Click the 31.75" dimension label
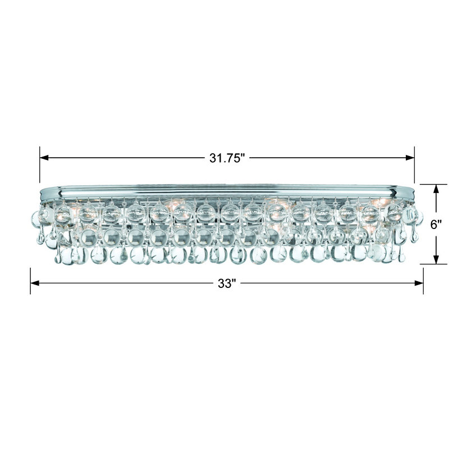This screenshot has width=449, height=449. coord(228,158)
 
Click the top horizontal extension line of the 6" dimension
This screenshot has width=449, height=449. coord(433,184)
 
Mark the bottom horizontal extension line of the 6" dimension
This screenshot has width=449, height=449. coord(433,264)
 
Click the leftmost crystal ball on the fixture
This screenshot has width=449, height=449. coord(35,216)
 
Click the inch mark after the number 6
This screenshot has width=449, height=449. coord(441,221)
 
